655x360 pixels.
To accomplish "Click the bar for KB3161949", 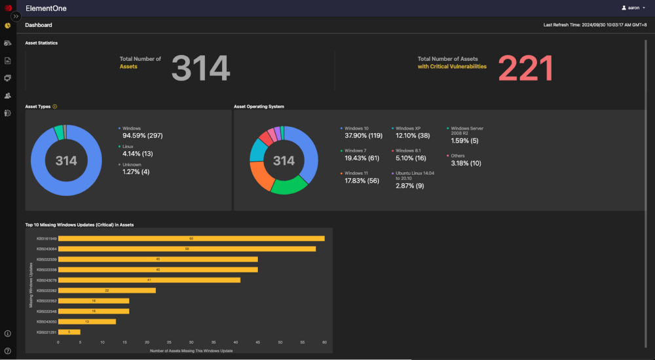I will click(x=191, y=238).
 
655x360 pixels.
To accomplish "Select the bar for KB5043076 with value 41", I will click(x=149, y=280).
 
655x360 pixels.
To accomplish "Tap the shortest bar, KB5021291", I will click(x=69, y=332).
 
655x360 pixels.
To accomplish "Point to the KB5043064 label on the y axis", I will click(x=47, y=249).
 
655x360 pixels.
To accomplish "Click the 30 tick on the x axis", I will click(x=191, y=342).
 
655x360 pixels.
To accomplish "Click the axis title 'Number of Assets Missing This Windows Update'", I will click(x=191, y=351).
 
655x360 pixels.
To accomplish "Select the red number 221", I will click(x=526, y=68).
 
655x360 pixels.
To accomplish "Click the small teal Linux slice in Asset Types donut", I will click(x=58, y=132).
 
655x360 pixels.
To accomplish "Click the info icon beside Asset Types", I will click(x=55, y=106).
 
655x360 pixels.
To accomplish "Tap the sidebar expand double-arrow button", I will click(x=16, y=16).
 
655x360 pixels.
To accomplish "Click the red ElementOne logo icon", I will click(x=8, y=8).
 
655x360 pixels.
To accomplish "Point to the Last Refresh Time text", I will click(x=595, y=25).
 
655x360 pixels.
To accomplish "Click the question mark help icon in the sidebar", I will click(x=8, y=351).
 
